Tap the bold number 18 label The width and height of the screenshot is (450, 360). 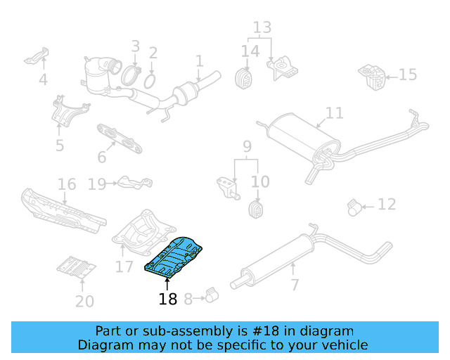pyautogui.click(x=167, y=300)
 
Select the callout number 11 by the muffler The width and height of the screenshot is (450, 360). pyautogui.click(x=335, y=113)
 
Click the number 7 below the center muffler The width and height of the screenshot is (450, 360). pyautogui.click(x=295, y=285)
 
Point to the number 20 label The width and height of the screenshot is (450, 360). pyautogui.click(x=84, y=302)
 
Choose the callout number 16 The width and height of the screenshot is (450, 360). pyautogui.click(x=67, y=185)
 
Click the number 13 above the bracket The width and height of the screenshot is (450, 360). pyautogui.click(x=262, y=27)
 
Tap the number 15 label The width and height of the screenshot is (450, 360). pyautogui.click(x=408, y=75)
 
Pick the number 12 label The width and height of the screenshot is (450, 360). pyautogui.click(x=387, y=205)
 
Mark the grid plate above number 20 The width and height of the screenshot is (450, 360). pyautogui.click(x=75, y=267)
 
